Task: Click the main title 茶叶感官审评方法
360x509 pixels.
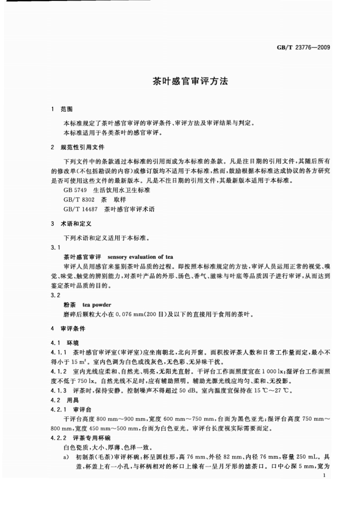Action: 189,81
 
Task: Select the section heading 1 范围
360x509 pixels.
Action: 62,109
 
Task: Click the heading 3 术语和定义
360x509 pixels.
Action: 72,224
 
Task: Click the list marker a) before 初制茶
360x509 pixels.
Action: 67,457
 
